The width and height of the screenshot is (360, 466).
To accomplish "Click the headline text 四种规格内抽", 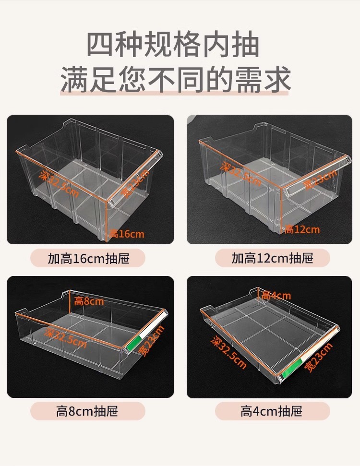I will pos(173,45).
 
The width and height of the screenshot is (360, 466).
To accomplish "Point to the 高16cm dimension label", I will pos(127,234).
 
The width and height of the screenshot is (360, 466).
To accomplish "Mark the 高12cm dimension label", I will pos(302,229).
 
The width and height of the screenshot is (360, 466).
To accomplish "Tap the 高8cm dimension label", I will pos(89,301).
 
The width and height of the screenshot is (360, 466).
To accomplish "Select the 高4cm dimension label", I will pos(276,296).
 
